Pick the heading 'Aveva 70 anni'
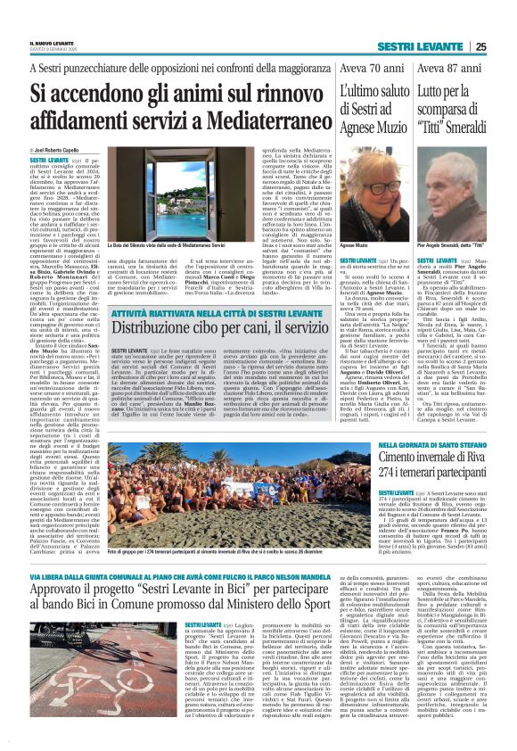click(x=365, y=69)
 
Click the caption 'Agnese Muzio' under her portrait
click(x=355, y=245)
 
